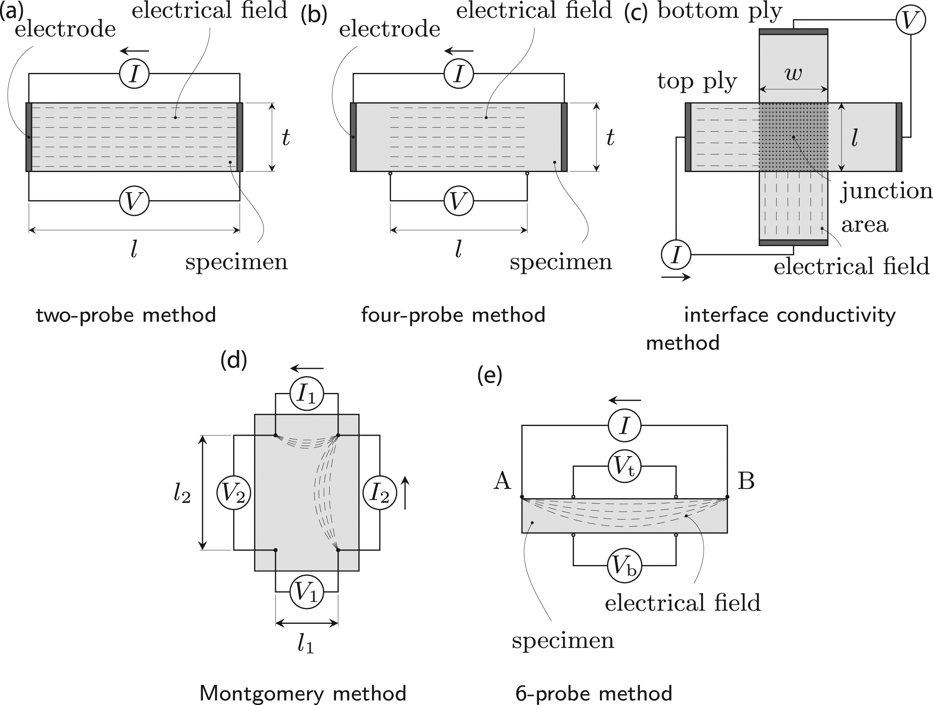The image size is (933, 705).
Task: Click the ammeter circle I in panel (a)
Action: click(x=134, y=74)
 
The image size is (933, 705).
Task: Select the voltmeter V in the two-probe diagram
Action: click(x=134, y=201)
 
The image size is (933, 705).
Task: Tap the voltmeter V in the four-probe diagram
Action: click(x=459, y=201)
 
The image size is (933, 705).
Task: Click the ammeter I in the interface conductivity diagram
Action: click(x=676, y=255)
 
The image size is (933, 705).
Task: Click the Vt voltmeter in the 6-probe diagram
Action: click(x=624, y=467)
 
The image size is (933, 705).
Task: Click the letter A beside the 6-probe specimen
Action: click(x=502, y=481)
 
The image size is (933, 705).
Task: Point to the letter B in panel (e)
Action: click(x=746, y=481)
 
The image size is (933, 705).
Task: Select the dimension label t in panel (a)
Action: click(x=286, y=137)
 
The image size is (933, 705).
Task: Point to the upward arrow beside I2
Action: click(x=405, y=492)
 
